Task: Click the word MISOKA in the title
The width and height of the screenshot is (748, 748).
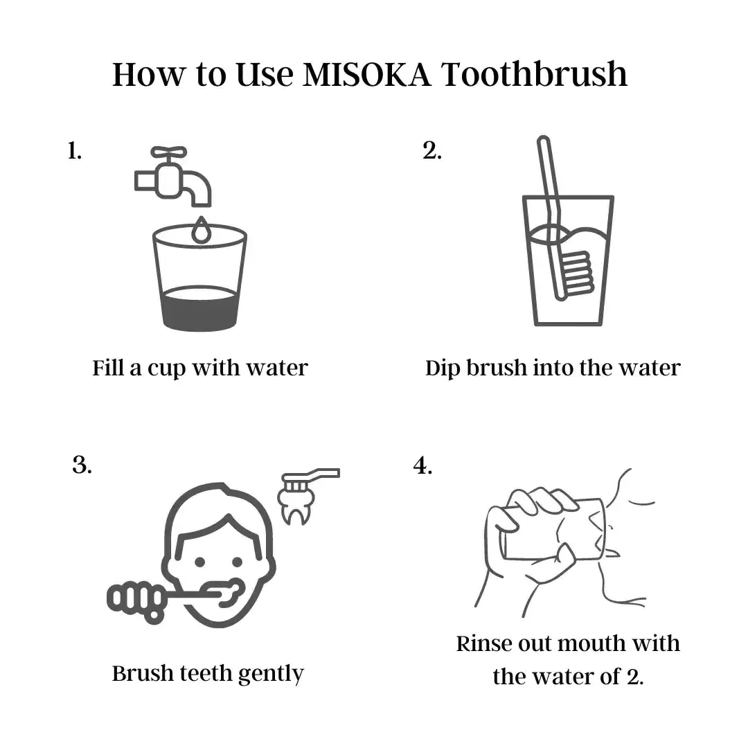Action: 366,74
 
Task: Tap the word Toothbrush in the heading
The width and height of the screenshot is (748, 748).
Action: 534,74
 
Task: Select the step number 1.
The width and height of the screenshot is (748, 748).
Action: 74,151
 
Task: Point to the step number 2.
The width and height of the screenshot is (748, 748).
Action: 431,151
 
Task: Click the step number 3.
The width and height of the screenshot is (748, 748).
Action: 82,465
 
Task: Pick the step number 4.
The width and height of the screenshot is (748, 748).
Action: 422,465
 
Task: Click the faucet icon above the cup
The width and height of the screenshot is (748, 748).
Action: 172,177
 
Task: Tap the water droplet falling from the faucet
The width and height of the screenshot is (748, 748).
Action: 201,230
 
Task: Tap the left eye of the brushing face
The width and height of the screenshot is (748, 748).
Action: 200,562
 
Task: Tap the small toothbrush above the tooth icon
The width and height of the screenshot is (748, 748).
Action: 310,479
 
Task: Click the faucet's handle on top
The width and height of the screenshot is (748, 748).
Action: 169,152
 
